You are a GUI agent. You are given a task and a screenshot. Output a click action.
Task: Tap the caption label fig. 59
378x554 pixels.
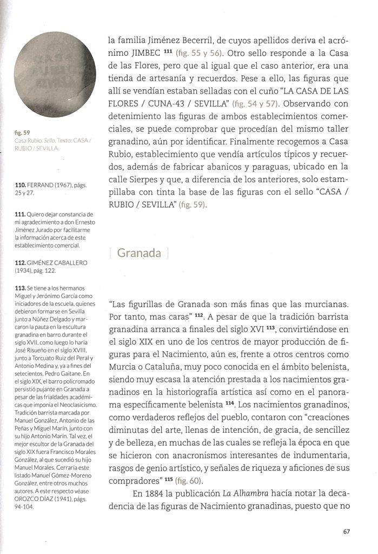tap(22, 131)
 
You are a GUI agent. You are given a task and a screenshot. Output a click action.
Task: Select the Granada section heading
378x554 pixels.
tap(139, 253)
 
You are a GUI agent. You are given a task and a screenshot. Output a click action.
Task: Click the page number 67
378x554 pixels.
tap(347, 531)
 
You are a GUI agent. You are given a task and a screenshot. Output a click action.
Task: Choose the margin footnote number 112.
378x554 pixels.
tap(21, 262)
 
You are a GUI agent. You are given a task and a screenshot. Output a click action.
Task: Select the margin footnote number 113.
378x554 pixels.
tap(21, 287)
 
